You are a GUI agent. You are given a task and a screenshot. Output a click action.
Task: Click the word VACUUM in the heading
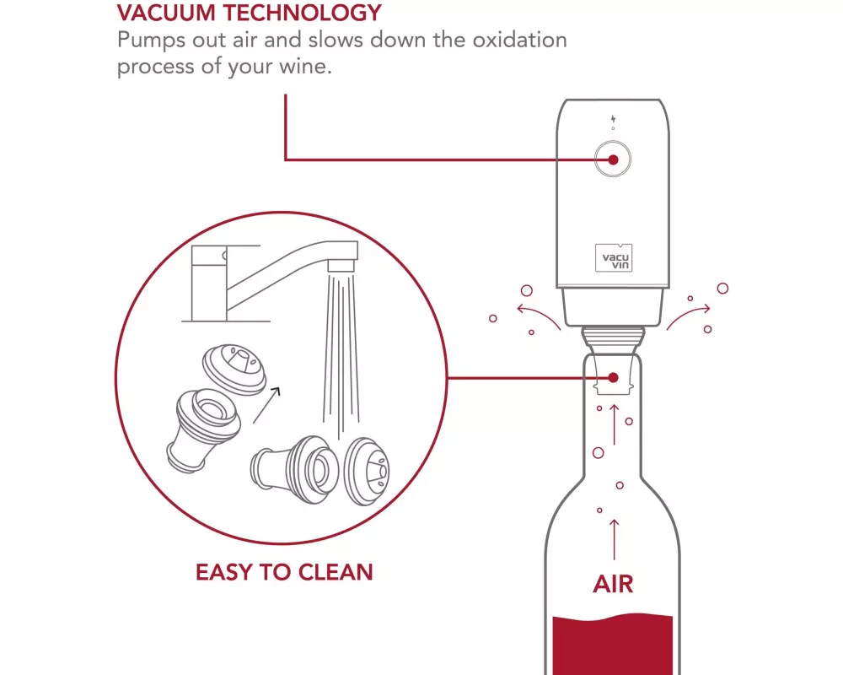point(166,13)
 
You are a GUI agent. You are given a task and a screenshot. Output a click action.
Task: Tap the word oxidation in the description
point(519,40)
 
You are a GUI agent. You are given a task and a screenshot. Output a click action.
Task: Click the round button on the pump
point(613,159)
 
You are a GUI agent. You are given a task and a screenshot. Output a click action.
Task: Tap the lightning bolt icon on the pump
point(613,119)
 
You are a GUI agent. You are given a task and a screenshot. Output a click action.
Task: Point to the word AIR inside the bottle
point(613,584)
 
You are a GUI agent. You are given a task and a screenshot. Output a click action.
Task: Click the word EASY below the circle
point(225,572)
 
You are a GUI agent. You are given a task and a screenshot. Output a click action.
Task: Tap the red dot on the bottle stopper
point(613,378)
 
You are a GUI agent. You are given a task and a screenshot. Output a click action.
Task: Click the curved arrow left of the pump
point(538,315)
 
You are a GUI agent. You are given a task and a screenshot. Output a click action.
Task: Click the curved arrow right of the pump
point(688,315)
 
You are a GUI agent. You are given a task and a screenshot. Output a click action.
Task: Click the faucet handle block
point(208,283)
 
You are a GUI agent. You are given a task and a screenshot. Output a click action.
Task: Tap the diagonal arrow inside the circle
point(266,405)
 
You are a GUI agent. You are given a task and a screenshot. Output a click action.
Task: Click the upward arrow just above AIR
point(614,540)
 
